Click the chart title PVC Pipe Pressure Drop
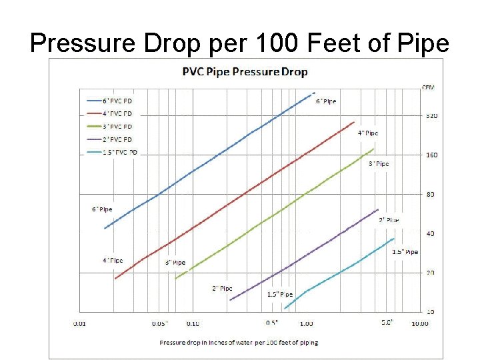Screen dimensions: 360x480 245,71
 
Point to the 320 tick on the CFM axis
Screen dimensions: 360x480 431,116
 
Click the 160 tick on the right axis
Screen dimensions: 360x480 431,155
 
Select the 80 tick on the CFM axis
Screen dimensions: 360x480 430,195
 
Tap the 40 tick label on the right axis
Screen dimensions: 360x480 430,233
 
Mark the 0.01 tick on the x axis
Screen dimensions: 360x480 79,324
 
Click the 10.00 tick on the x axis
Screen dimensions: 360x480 419,324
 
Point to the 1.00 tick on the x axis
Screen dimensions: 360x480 306,324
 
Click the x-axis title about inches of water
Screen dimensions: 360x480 239,342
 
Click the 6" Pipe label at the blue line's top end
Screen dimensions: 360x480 326,101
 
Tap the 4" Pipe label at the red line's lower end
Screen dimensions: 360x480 113,260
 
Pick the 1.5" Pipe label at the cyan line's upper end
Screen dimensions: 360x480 405,252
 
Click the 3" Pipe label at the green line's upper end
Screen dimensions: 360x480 379,163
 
